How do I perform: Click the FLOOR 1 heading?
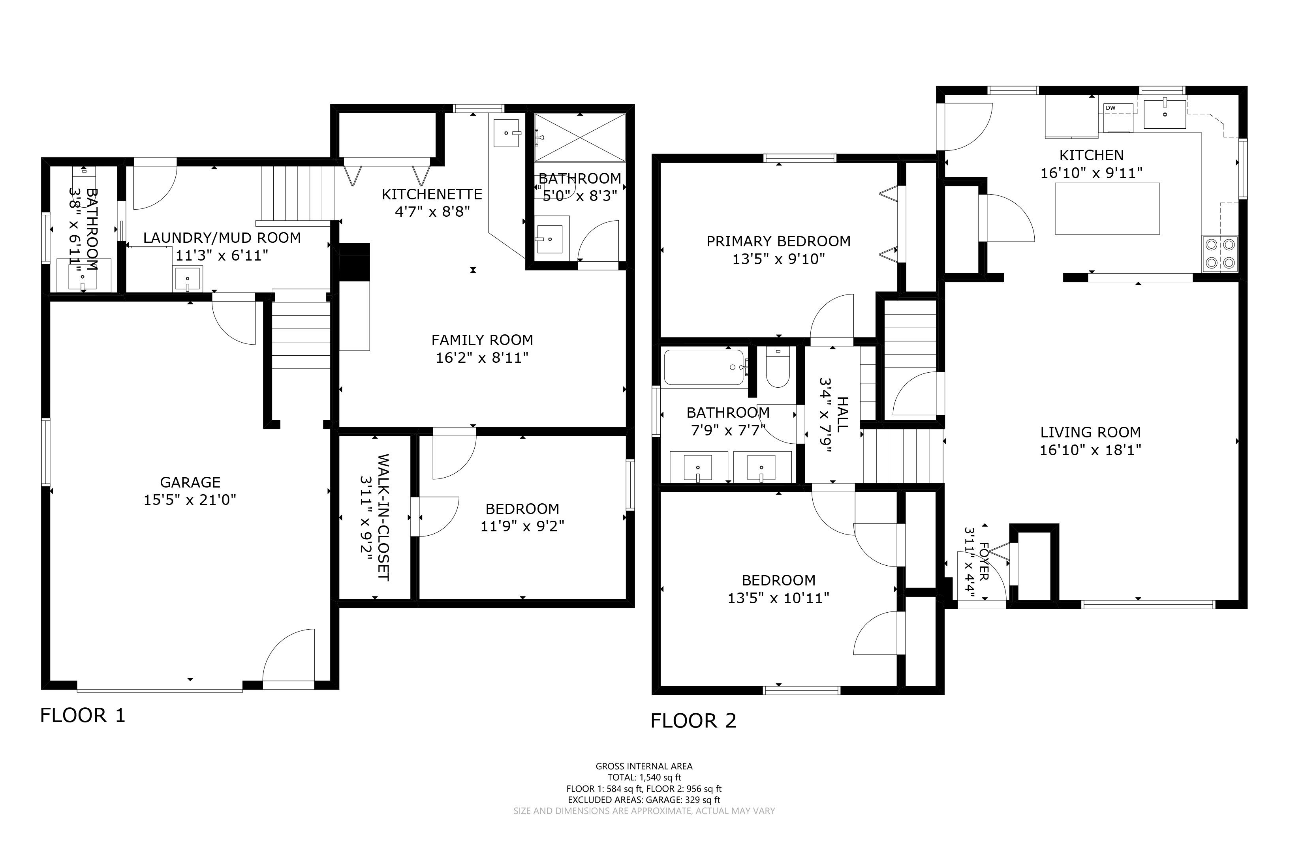tap(83, 715)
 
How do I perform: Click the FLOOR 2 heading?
tap(693, 721)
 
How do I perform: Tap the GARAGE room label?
tap(190, 482)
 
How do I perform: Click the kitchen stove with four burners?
tap(1220, 254)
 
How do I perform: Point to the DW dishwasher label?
tap(1110, 108)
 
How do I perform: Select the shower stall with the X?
tap(580, 137)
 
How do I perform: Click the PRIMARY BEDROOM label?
tap(779, 241)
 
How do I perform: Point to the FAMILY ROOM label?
tap(482, 340)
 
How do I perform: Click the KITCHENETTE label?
tap(432, 195)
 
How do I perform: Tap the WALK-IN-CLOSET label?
tap(383, 517)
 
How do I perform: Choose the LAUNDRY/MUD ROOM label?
tap(222, 238)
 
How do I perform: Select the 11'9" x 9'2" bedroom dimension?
tap(522, 527)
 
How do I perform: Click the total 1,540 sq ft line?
tap(644, 777)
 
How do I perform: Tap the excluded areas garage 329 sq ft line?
tap(644, 800)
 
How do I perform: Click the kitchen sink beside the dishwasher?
tap(1165, 114)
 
